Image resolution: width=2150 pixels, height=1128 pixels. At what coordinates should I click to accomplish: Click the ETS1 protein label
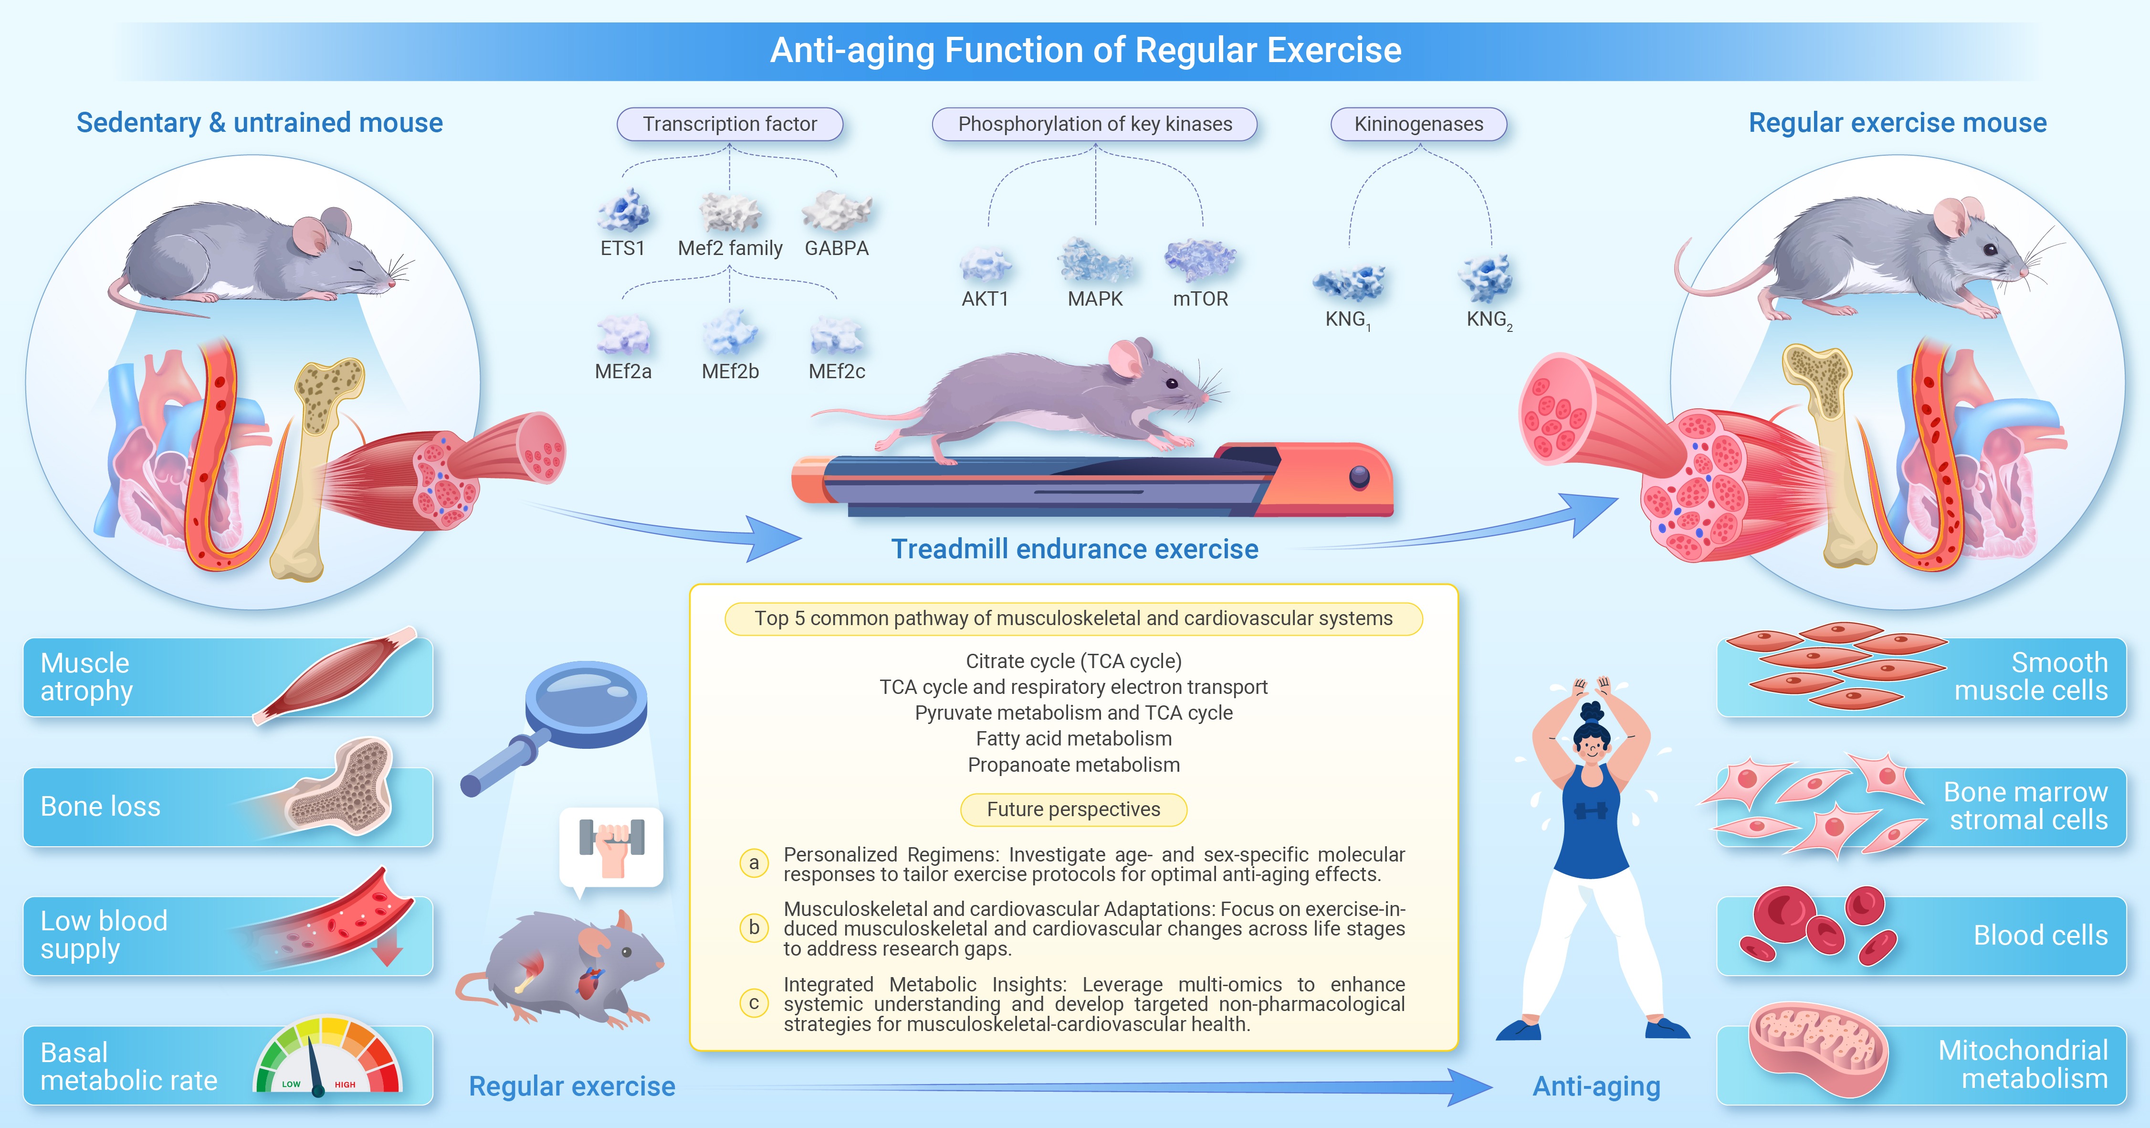coord(623,248)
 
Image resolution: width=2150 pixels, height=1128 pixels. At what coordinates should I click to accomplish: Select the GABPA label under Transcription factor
coord(836,248)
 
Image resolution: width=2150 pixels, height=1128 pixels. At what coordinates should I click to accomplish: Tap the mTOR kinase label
coord(1200,299)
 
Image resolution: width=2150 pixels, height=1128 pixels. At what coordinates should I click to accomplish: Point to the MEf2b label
coord(730,372)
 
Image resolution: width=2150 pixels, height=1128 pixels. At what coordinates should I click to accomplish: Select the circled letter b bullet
coord(754,927)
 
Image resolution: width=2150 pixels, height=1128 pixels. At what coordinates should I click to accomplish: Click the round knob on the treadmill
coord(1360,478)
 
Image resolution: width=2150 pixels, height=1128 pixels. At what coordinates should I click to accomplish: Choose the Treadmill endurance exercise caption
coord(1074,549)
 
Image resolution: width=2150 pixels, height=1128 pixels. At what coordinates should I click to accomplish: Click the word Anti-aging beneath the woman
coord(1597,1086)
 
